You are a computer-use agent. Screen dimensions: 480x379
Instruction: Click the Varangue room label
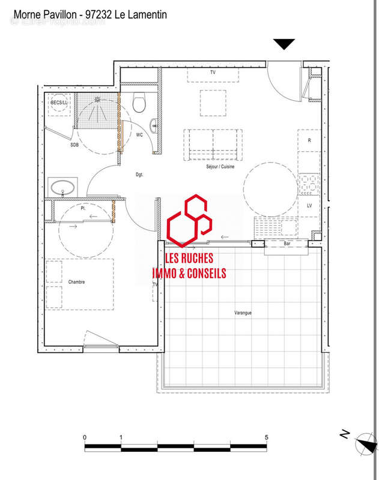coord(243,313)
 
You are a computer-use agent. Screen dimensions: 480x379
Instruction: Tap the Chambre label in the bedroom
coord(76,281)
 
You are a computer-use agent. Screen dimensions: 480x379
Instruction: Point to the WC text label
coord(139,135)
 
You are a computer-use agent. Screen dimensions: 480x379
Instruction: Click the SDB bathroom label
coord(74,145)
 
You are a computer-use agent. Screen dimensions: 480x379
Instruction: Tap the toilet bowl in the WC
coord(140,105)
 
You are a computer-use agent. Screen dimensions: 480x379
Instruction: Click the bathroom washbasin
coord(64,188)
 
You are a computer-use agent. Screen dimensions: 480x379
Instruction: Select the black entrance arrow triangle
coord(284,44)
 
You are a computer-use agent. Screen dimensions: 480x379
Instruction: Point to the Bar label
coord(287,244)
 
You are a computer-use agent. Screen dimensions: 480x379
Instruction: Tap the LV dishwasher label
coord(309,206)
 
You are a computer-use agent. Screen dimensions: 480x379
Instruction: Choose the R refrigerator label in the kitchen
coord(309,140)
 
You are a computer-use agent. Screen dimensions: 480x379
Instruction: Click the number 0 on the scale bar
coord(85,437)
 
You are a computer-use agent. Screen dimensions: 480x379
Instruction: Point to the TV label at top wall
coord(212,73)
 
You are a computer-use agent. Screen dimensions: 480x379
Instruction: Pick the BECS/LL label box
coord(59,103)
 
